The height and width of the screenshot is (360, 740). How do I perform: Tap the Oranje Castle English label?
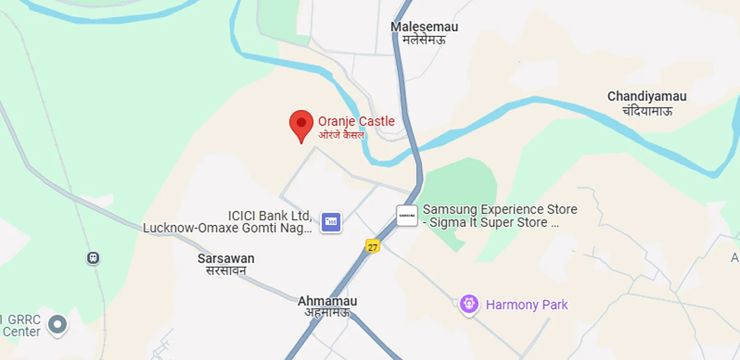[x=356, y=121]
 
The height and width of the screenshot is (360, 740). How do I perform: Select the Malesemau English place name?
[x=424, y=27]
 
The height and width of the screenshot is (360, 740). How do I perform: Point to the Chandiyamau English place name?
[x=647, y=97]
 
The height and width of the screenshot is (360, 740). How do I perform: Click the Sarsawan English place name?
[x=225, y=258]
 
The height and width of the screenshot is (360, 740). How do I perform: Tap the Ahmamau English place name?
[x=327, y=301]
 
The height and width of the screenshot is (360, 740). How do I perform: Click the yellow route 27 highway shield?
[x=372, y=247]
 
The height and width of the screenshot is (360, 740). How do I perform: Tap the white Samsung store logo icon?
[x=407, y=216]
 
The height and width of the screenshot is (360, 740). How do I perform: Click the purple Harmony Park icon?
[x=468, y=304]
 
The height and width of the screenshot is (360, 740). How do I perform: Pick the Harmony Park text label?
[x=526, y=305]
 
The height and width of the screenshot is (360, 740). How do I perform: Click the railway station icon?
[x=93, y=257]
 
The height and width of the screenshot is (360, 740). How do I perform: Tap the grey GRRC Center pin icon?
[x=57, y=325]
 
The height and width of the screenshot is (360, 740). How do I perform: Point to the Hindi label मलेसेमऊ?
[x=424, y=39]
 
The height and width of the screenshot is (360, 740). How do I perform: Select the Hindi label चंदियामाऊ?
[x=647, y=111]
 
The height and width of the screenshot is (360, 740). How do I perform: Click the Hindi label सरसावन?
[x=226, y=270]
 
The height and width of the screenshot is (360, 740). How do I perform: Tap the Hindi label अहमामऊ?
[x=327, y=313]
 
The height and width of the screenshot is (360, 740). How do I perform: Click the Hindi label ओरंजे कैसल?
[x=341, y=135]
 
